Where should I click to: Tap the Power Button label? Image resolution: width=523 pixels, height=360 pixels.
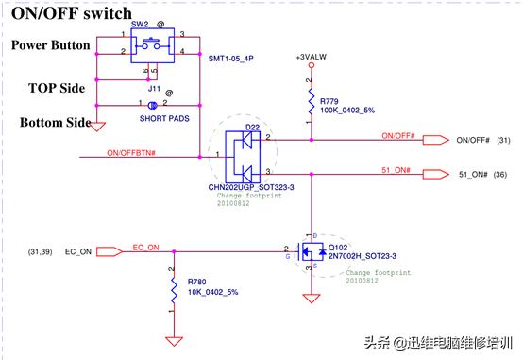tap(51, 45)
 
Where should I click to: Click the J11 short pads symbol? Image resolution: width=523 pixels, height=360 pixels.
tap(151, 104)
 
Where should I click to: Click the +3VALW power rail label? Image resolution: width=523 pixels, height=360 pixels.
tap(312, 59)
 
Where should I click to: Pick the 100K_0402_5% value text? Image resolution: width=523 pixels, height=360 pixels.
tap(346, 111)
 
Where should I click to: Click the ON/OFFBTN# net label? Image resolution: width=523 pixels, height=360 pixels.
tap(132, 151)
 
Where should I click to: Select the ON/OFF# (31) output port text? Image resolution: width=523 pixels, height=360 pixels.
tap(485, 141)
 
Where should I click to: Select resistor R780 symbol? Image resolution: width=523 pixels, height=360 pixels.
tap(173, 287)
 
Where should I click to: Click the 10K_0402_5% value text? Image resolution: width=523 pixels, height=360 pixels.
tap(212, 293)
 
